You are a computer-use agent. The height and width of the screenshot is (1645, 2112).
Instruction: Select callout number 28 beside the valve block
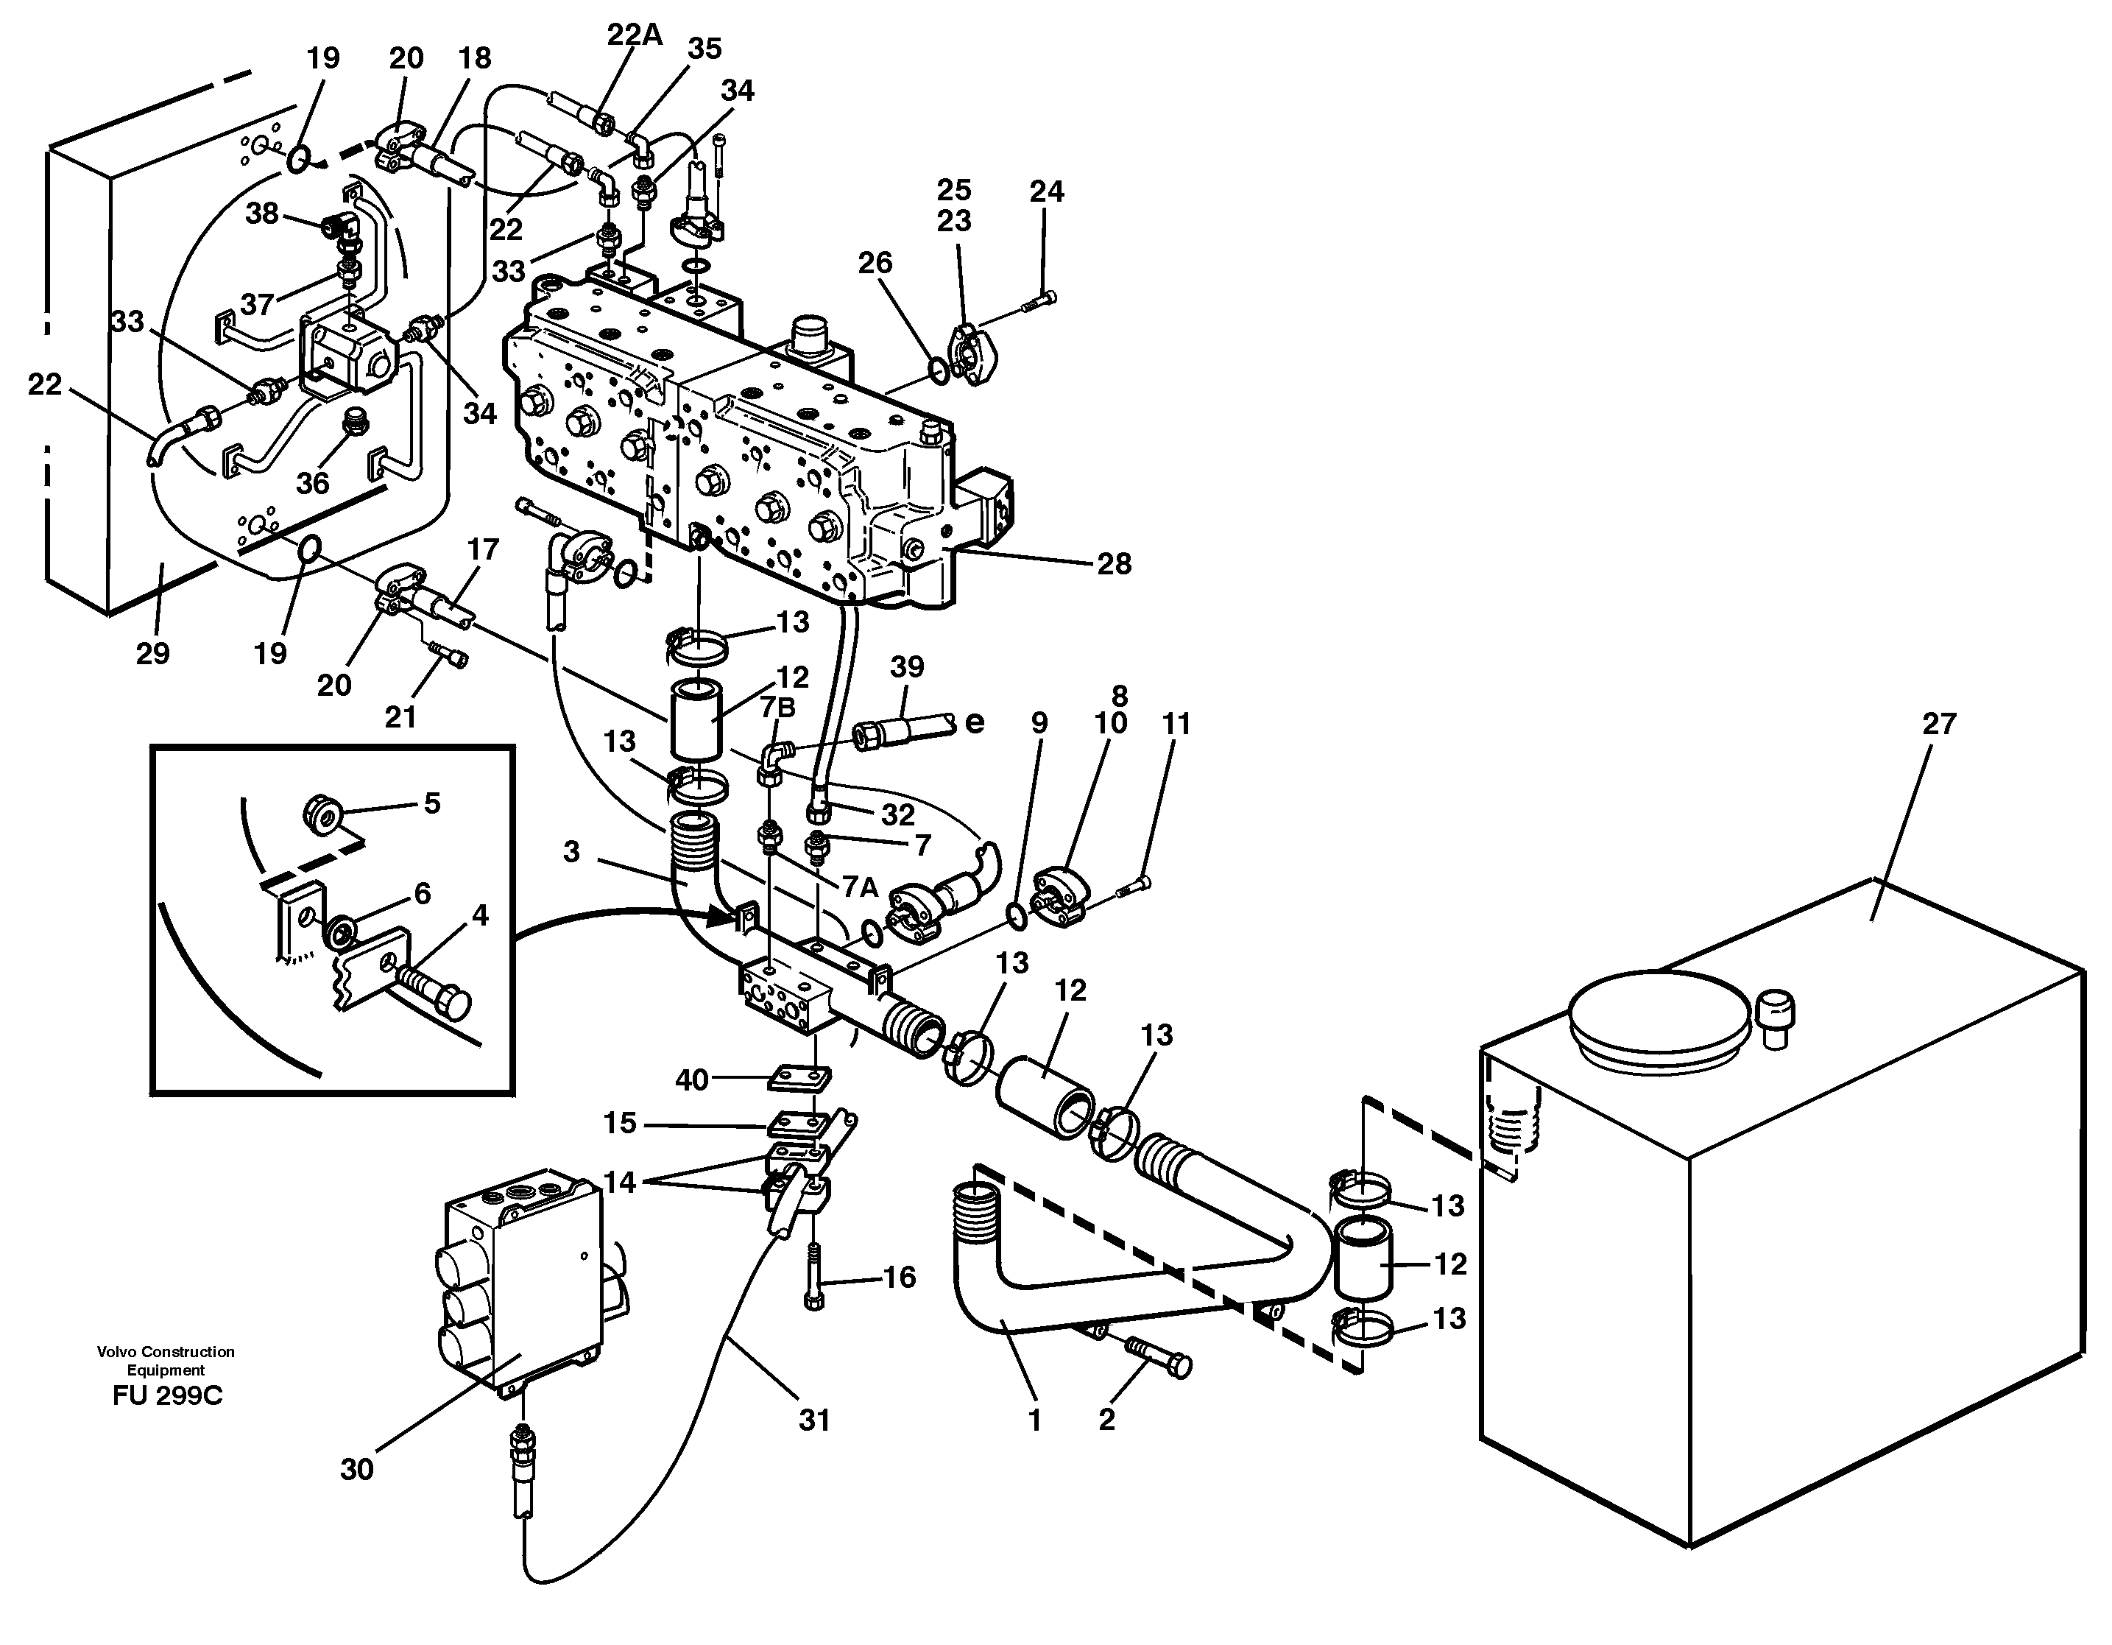[x=1114, y=564]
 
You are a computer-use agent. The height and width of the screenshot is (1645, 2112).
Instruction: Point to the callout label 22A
[x=635, y=35]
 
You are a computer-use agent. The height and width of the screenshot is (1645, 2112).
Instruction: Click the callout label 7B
[x=777, y=708]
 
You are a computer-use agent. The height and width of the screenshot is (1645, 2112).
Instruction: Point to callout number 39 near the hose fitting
[x=907, y=666]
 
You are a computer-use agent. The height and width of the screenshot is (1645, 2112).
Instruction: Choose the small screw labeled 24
[x=1039, y=302]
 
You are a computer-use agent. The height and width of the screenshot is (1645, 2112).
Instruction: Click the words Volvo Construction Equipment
[x=166, y=1360]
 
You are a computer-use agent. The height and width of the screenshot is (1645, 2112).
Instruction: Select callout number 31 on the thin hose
[x=814, y=1420]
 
